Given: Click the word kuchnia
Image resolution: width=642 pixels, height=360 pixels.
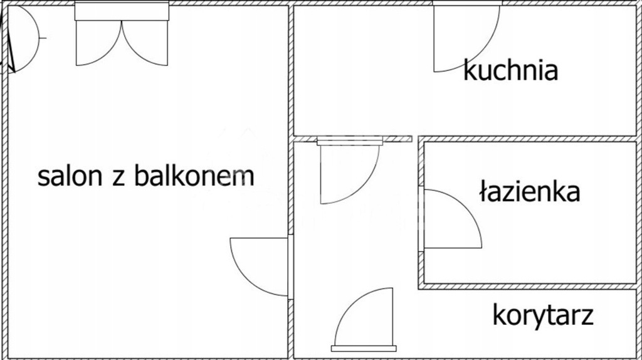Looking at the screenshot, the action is (x=510, y=70).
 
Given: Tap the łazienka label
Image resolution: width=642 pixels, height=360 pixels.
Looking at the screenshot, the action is (x=529, y=192).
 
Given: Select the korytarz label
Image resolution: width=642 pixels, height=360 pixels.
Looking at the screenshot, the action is (x=542, y=315).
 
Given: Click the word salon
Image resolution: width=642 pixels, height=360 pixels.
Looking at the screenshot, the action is (x=68, y=176).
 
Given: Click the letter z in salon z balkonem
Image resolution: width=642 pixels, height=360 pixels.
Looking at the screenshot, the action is (x=117, y=177).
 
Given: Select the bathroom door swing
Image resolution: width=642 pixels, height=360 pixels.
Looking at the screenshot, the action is (x=455, y=220).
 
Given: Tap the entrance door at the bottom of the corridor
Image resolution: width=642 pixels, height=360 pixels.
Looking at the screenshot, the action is (x=367, y=320).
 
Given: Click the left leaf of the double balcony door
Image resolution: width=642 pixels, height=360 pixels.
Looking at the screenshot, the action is (x=97, y=44).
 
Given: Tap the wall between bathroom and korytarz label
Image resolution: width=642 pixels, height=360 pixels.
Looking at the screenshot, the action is (x=527, y=286).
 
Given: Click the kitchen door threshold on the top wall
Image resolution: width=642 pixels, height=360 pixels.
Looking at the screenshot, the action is (x=466, y=3).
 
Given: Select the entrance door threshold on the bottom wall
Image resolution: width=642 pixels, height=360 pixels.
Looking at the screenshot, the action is (x=364, y=348).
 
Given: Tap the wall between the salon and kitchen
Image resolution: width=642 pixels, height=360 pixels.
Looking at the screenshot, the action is (x=291, y=69).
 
